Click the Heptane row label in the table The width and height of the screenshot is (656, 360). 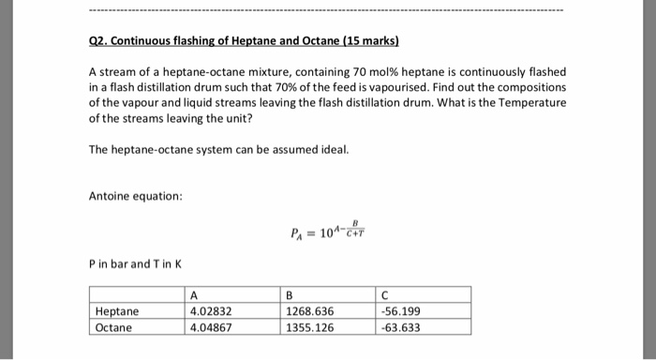click(x=117, y=311)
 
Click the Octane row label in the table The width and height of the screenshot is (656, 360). click(x=114, y=327)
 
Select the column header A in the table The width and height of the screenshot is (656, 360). click(x=194, y=295)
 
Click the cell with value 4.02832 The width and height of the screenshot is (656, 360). click(x=211, y=311)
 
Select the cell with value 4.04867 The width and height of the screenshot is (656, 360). click(x=211, y=327)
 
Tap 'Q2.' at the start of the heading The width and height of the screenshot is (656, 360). click(x=100, y=43)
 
